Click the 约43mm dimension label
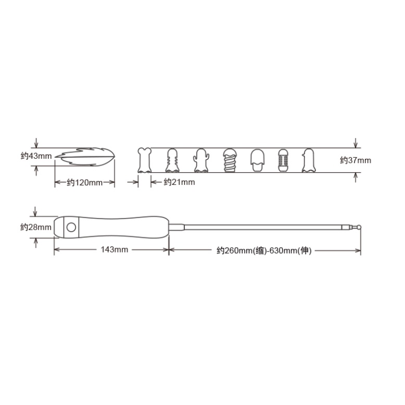tap(36, 156)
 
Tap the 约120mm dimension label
tap(85, 183)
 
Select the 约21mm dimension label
tap(179, 182)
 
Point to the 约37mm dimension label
tap(356, 160)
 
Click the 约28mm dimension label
tap(36, 227)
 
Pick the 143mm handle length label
tap(115, 249)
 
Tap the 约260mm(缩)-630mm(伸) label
tap(264, 250)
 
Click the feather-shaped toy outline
tap(85, 157)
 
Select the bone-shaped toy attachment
tap(144, 160)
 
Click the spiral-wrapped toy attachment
tap(230, 160)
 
